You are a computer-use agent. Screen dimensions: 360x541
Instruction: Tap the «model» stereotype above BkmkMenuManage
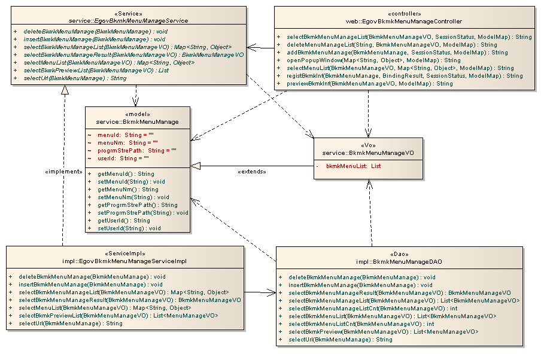pyautogui.click(x=138, y=114)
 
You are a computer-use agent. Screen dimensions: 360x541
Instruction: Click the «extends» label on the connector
pyautogui.click(x=252, y=172)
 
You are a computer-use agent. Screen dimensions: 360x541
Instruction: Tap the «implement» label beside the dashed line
pyautogui.click(x=63, y=172)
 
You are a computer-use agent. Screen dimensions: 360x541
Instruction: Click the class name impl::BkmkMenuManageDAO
pyautogui.click(x=399, y=262)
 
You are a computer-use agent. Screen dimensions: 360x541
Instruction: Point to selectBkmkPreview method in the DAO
pyautogui.click(x=383, y=331)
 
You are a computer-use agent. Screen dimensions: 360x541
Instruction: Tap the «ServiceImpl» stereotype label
pyautogui.click(x=124, y=253)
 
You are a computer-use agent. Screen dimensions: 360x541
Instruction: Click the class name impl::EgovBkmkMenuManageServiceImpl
pyautogui.click(x=124, y=261)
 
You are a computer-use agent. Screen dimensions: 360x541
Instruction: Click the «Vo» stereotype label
pyautogui.click(x=365, y=144)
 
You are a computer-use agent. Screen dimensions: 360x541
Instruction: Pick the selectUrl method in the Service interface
pyautogui.click(x=75, y=78)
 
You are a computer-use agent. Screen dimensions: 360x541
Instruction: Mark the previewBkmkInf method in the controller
pyautogui.click(x=370, y=84)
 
